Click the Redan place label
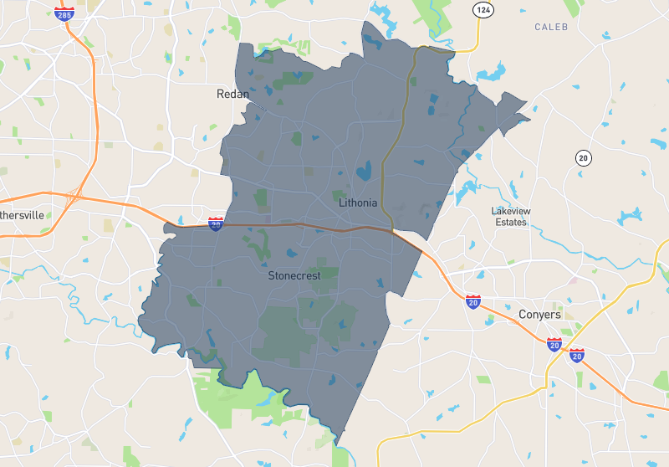click(232, 94)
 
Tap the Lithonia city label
click(358, 203)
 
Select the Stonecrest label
click(294, 275)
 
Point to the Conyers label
click(539, 315)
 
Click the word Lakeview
click(511, 211)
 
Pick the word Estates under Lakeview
click(510, 223)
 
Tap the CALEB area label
click(551, 27)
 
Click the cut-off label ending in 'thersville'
click(22, 215)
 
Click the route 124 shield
click(482, 10)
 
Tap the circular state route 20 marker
click(583, 158)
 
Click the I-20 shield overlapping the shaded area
click(216, 223)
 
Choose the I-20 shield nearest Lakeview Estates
click(473, 301)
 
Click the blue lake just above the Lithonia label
click(365, 173)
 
